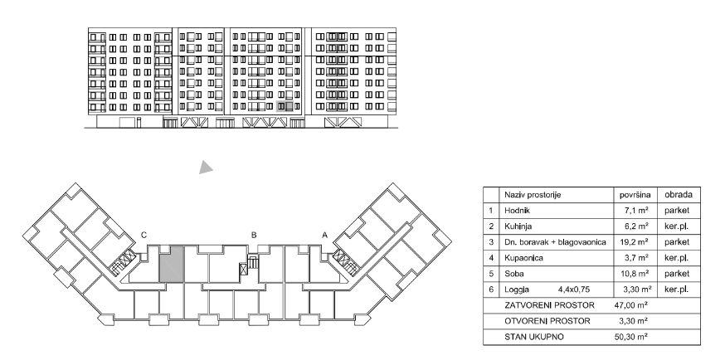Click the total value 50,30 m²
pos(634,336)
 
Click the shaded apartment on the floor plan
pos(170,264)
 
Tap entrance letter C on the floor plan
pos(144,235)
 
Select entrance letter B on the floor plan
pos(254,235)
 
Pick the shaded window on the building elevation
pos(286,105)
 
